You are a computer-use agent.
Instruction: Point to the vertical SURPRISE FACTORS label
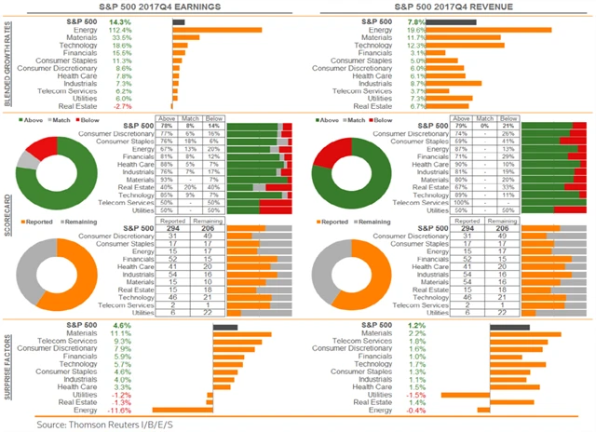pos(8,368)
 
